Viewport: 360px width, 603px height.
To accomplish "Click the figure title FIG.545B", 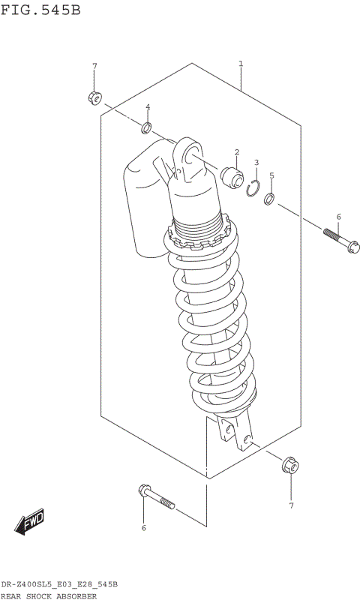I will pos(40,10).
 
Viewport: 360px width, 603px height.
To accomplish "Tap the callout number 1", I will pos(240,64).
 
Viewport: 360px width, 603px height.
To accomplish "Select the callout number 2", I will pos(236,152).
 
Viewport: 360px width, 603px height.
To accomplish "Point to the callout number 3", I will pos(256,162).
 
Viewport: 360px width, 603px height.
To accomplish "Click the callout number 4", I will pos(148,106).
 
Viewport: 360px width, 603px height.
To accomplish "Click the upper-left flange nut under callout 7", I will pos(94,97).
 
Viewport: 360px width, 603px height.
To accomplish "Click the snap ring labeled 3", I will pos(255,190).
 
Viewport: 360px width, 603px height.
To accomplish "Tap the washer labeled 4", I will pos(148,126).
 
